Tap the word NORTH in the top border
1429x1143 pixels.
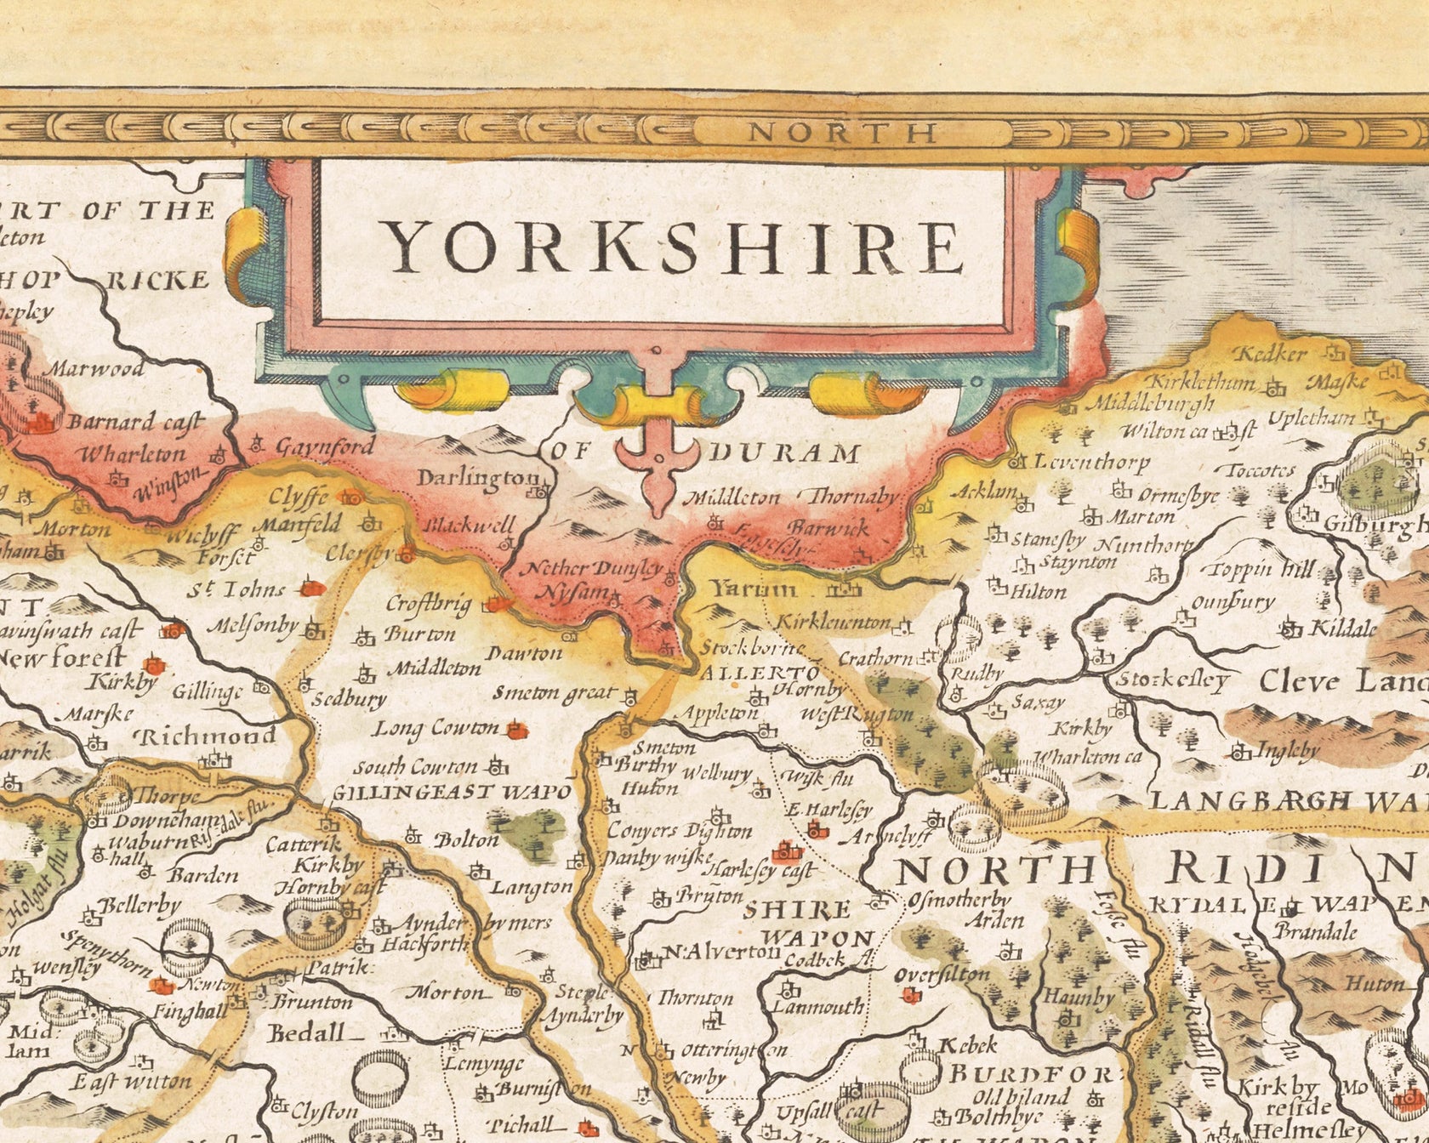point(843,133)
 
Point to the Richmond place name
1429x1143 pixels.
point(208,736)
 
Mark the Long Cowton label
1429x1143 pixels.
point(437,729)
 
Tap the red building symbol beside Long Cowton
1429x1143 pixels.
point(514,729)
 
